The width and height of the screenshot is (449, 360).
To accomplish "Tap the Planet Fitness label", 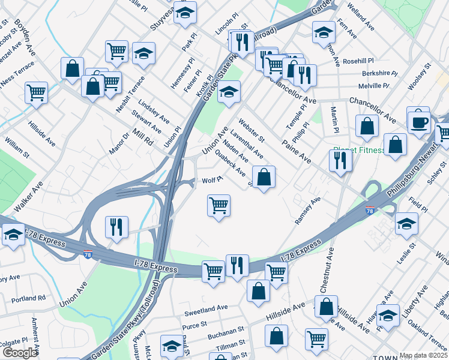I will pyautogui.click(x=358, y=150).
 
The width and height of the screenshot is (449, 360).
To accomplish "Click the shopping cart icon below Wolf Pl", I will pyautogui.click(x=219, y=205).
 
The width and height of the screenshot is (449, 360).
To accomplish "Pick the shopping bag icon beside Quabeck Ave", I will pyautogui.click(x=264, y=177).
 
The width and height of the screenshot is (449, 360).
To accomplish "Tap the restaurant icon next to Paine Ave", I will pyautogui.click(x=340, y=160).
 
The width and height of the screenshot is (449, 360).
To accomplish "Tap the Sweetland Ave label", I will pyautogui.click(x=206, y=308).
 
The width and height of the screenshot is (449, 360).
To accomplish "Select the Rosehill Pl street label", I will pyautogui.click(x=359, y=61).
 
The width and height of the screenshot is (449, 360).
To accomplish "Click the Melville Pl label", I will pyautogui.click(x=374, y=86).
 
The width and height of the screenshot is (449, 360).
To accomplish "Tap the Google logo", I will pyautogui.click(x=19, y=352).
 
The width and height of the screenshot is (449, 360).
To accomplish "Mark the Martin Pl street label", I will pyautogui.click(x=335, y=120).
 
